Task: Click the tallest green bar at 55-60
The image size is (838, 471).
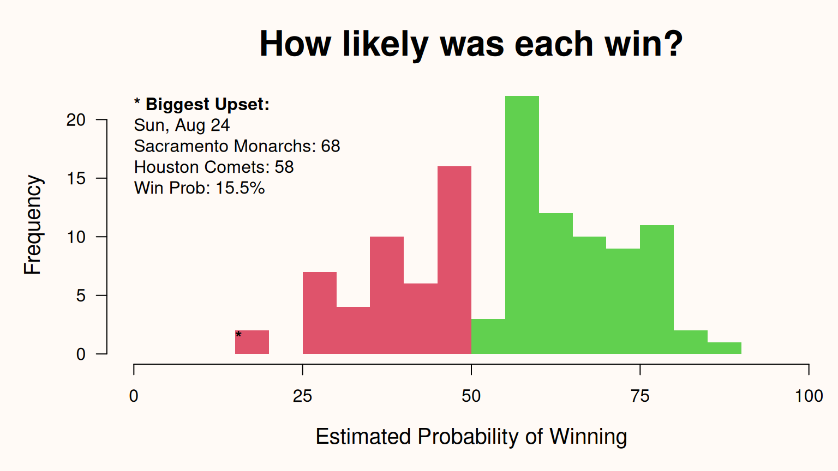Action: [522, 225]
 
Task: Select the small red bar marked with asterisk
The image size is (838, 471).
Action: [252, 342]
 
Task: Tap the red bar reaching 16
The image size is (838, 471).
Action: [454, 260]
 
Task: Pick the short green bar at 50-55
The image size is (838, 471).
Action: [488, 336]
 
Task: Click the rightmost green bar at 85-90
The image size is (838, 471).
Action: [725, 348]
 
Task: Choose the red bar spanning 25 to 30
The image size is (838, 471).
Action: [320, 313]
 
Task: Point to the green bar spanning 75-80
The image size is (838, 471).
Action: [657, 289]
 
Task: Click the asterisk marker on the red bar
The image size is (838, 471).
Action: [238, 334]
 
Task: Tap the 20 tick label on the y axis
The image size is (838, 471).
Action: [76, 120]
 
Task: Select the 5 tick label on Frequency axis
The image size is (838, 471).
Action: [81, 295]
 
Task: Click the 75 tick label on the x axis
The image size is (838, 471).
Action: [640, 396]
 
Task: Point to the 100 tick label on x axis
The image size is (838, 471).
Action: [809, 396]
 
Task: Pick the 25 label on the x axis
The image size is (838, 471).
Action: [302, 396]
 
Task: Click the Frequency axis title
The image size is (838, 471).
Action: [32, 225]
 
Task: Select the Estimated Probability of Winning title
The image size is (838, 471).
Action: [471, 437]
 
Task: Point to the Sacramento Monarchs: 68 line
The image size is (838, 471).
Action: [237, 146]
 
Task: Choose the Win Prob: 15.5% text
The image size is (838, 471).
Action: [199, 188]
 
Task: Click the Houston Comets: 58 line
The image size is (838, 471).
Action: [214, 167]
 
